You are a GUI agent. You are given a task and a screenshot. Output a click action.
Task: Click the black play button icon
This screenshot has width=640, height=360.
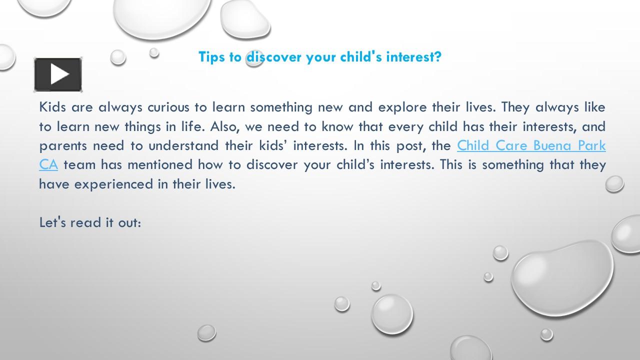[x=58, y=74]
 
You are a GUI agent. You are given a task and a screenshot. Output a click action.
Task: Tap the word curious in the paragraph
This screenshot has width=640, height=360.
[x=167, y=107]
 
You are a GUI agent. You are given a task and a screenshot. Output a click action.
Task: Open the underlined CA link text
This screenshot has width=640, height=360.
[x=48, y=164]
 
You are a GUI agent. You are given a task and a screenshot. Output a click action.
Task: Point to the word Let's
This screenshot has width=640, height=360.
[x=52, y=222]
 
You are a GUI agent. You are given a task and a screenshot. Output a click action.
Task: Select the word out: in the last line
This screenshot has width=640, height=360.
[x=129, y=222]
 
